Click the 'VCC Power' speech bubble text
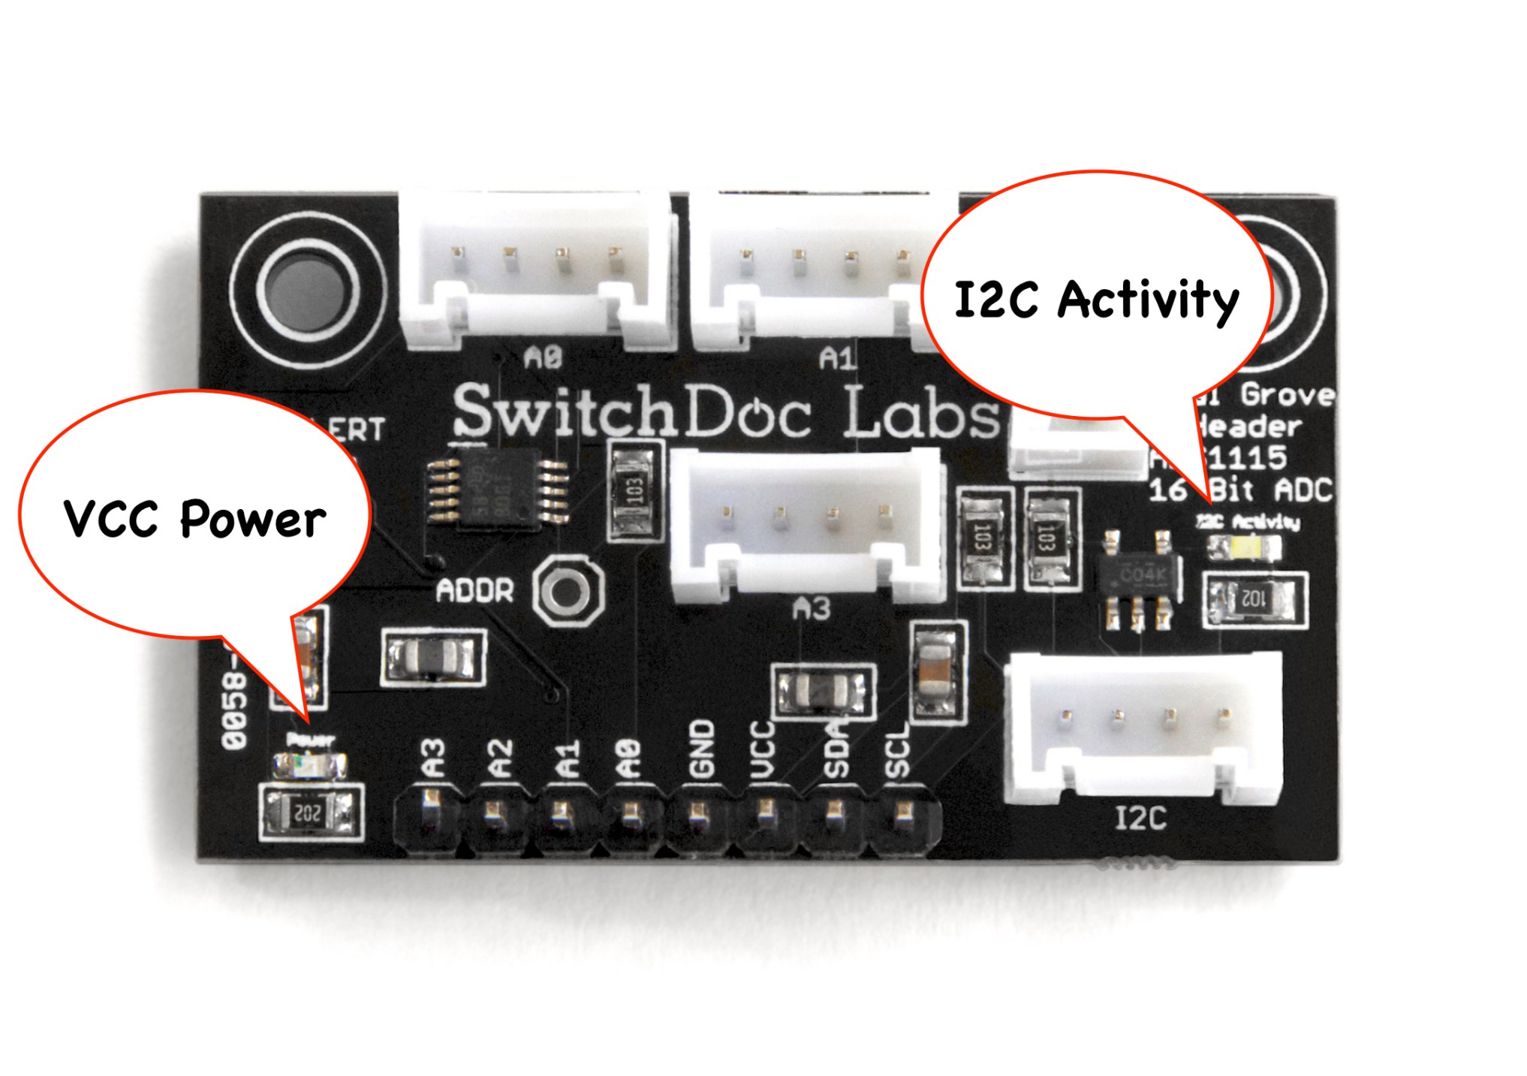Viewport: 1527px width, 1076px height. coord(194,518)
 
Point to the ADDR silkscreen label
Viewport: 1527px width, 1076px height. coord(474,591)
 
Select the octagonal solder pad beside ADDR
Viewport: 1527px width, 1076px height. coord(568,592)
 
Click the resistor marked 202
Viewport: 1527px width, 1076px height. coord(310,812)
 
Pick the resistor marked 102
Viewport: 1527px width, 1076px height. coord(1254,599)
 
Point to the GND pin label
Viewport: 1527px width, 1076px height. coord(700,749)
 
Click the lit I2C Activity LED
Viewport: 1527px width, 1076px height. coord(1242,547)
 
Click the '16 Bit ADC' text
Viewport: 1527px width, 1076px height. coord(1240,490)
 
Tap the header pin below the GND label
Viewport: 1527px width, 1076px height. coord(699,812)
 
